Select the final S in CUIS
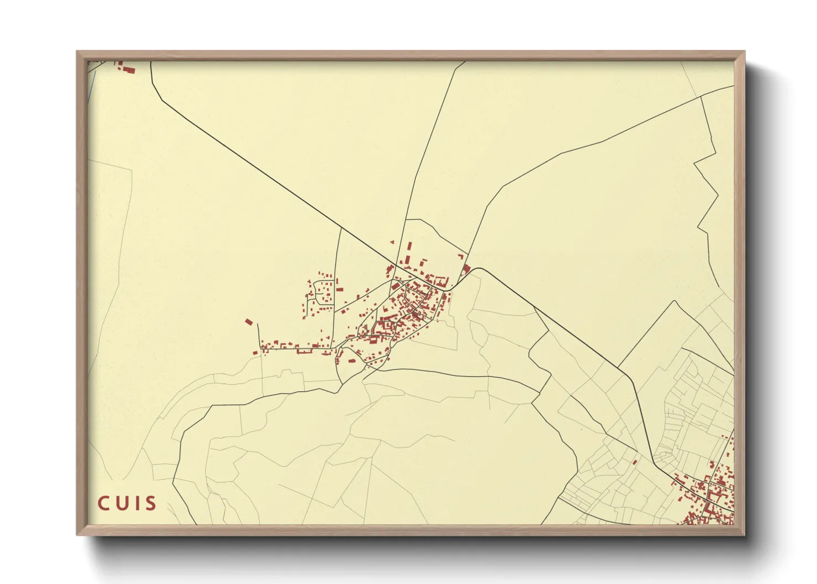click(150, 503)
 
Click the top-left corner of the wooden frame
click(77, 52)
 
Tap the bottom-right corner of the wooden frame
click(744, 534)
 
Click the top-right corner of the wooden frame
click(744, 52)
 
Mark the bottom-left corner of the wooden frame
click(77, 534)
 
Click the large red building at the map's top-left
click(129, 70)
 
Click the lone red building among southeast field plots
click(635, 461)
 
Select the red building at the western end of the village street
click(255, 352)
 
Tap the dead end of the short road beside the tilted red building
click(257, 325)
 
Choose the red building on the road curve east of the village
click(466, 270)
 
